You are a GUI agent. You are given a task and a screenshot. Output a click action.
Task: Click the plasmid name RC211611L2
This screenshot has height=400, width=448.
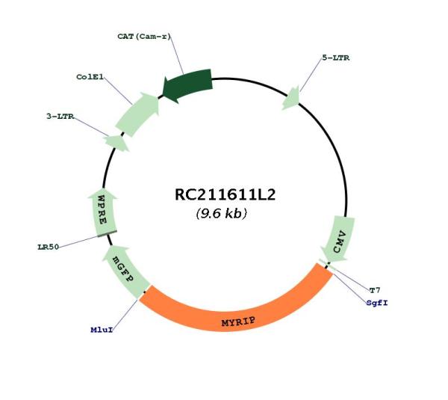point(225,194)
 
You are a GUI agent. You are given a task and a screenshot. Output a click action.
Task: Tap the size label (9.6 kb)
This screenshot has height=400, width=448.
point(222,213)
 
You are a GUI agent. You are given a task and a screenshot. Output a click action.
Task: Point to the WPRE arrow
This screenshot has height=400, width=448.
point(102,212)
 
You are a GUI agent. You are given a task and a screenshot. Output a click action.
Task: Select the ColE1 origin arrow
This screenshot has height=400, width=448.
point(138,114)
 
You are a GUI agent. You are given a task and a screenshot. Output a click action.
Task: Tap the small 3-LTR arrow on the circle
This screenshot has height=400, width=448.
point(116,143)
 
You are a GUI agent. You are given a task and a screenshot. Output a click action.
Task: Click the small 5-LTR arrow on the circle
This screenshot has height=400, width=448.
point(291,98)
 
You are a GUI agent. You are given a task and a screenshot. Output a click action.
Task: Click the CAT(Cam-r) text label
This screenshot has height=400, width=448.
point(144,37)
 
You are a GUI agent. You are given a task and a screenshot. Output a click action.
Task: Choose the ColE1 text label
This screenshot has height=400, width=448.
point(90,77)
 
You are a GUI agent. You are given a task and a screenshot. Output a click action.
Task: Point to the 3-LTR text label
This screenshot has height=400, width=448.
point(60,116)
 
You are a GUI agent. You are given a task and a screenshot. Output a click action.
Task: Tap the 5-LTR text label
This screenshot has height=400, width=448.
point(336,58)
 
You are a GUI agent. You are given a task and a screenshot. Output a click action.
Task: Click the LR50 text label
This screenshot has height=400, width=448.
point(49,247)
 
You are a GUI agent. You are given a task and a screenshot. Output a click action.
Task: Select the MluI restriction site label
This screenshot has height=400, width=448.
point(102,330)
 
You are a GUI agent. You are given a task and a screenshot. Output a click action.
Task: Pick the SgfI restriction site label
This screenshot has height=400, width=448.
point(377,303)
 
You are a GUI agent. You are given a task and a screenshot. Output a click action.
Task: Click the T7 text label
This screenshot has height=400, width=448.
point(375,290)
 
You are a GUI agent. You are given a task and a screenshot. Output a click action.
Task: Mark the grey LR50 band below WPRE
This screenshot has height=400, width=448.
point(107,233)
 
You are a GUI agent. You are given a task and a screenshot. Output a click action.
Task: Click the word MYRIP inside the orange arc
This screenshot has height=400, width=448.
point(238,322)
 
